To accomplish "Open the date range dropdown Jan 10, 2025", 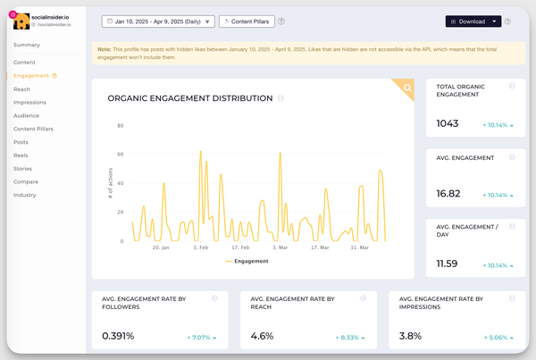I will click(x=158, y=21).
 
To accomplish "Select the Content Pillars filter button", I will click(x=246, y=21).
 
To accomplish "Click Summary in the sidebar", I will click(x=26, y=44).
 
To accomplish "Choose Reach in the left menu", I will click(x=22, y=89).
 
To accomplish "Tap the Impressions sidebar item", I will click(x=30, y=102).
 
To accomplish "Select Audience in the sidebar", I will click(x=27, y=115).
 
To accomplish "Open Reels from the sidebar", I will click(x=21, y=155).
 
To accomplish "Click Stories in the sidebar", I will click(x=23, y=168).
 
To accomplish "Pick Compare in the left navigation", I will click(x=26, y=181).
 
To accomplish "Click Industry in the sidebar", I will click(x=25, y=194).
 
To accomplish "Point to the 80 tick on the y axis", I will click(x=120, y=125).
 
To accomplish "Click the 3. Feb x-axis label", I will click(x=201, y=247).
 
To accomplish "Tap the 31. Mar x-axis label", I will click(x=359, y=247).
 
